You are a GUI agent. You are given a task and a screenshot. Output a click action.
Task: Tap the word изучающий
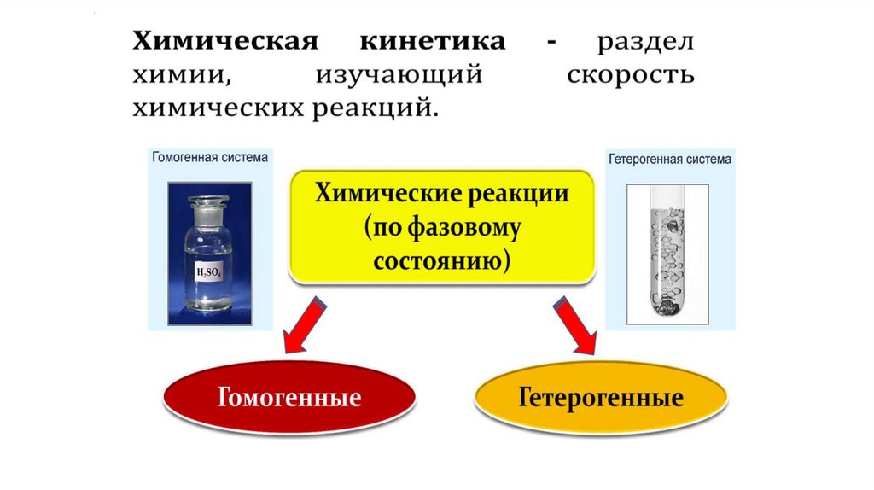(x=399, y=76)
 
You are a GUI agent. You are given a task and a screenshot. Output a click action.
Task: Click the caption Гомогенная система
(x=210, y=157)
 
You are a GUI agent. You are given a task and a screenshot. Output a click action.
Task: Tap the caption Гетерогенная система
(x=669, y=159)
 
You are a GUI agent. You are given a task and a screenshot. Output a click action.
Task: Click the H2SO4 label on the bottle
(x=209, y=272)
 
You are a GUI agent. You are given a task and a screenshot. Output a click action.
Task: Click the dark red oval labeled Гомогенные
(x=289, y=398)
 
